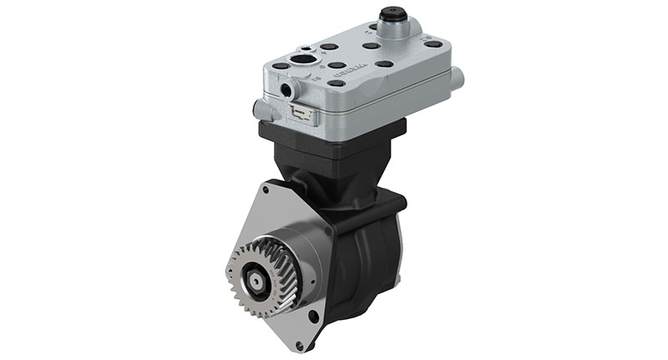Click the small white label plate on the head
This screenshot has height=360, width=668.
click(301, 114)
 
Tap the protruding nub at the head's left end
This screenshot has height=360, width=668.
click(258, 109)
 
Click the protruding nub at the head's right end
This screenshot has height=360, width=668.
click(458, 78)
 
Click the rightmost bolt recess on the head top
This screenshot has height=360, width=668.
click(434, 43)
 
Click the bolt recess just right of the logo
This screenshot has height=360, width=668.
click(384, 63)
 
